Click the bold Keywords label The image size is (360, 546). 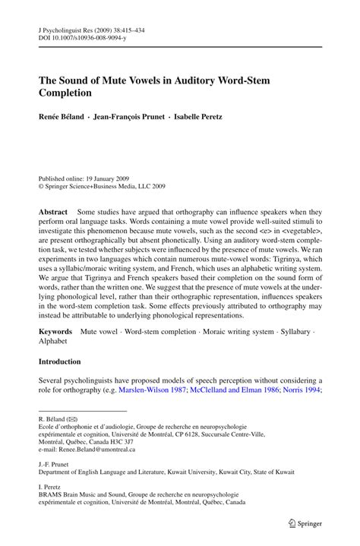click(55, 354)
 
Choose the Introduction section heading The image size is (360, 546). click(70, 383)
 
